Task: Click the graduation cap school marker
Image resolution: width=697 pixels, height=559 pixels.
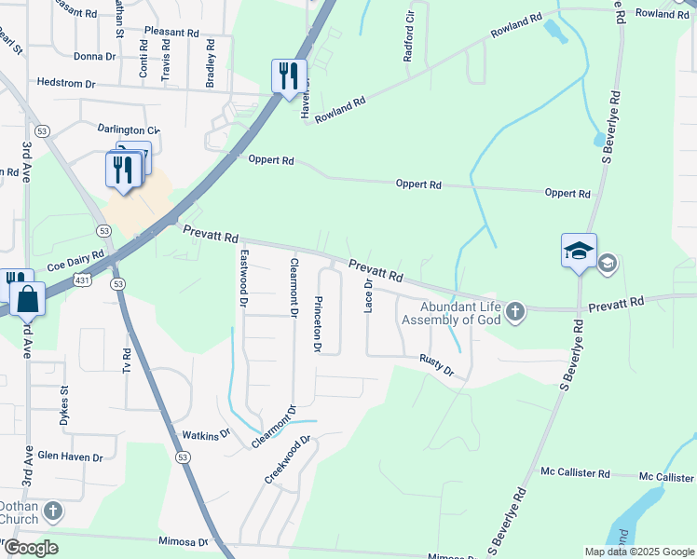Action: [x=579, y=252]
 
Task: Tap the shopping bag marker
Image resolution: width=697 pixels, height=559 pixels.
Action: [x=27, y=300]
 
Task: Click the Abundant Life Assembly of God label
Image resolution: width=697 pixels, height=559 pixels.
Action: [x=451, y=313]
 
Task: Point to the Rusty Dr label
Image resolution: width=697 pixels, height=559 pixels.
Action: [x=436, y=364]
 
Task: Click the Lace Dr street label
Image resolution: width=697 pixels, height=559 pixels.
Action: [x=369, y=295]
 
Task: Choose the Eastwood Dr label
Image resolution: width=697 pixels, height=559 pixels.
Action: [x=244, y=278]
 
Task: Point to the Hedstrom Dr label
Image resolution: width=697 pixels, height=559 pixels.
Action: [x=66, y=83]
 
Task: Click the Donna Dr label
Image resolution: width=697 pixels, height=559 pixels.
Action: [x=94, y=56]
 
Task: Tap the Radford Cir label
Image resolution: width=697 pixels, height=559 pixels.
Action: [x=408, y=37]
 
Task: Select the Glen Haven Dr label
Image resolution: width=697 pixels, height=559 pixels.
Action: [x=70, y=457]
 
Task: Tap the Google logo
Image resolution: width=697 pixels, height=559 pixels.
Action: [x=31, y=548]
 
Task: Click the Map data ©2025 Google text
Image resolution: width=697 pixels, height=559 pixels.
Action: [x=638, y=552]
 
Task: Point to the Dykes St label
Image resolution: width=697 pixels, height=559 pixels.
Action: [x=64, y=406]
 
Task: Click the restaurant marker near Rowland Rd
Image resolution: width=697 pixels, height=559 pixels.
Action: [x=289, y=75]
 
